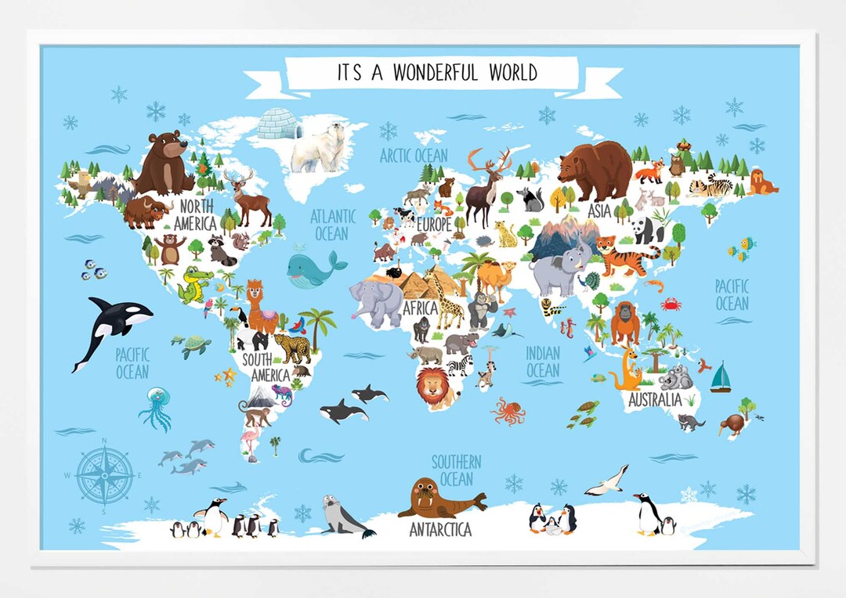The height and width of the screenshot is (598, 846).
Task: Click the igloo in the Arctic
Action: click(x=279, y=124)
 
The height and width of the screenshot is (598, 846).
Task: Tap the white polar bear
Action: click(x=320, y=147)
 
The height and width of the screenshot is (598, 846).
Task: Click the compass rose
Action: click(x=104, y=475)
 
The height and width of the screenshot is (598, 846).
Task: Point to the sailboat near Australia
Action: click(x=720, y=379)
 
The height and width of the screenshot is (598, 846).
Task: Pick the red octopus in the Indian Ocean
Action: click(x=508, y=411)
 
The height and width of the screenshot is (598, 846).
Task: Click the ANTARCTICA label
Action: click(x=440, y=530)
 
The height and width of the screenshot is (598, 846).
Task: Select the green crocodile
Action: click(x=193, y=286)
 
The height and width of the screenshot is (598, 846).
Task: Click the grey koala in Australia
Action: click(x=675, y=377)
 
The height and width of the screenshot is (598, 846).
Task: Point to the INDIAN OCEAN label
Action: click(x=542, y=362)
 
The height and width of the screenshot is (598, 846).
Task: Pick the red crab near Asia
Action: click(x=671, y=304)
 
